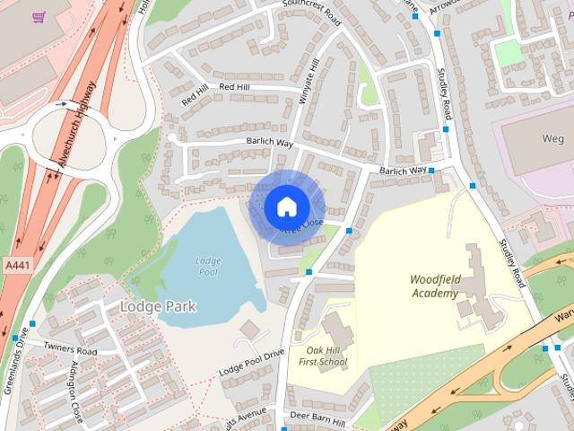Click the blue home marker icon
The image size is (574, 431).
point(285,207)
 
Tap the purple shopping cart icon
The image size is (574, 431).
point(39,17)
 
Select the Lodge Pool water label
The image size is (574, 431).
point(207,266)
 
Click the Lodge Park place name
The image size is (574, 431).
point(158,306)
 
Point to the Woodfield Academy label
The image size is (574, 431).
point(435,286)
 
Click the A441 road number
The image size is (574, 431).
point(14,266)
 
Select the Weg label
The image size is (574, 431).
point(552,137)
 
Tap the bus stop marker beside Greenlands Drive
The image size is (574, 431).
point(32,323)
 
